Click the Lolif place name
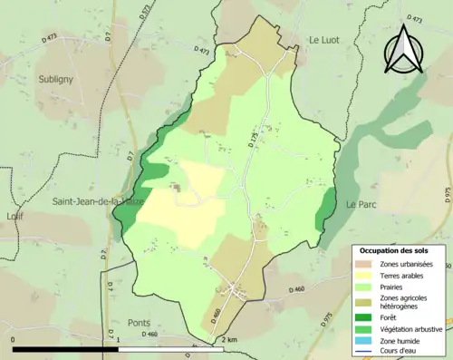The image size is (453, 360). (14, 217)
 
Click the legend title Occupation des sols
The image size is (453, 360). (400, 250)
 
